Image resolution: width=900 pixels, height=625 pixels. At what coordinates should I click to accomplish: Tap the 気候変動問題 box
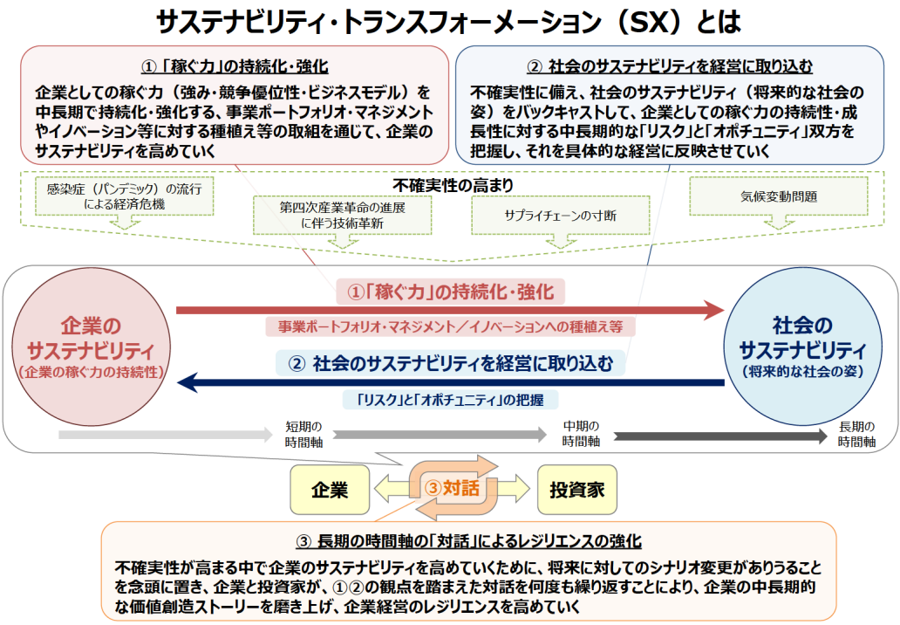pyautogui.click(x=779, y=196)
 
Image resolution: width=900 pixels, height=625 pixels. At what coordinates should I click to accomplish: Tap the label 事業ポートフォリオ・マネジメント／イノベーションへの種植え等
pyautogui.click(x=451, y=327)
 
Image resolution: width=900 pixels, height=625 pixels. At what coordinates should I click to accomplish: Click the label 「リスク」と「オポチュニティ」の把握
pyautogui.click(x=451, y=401)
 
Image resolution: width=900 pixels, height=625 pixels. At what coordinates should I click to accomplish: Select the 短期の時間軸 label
pyautogui.click(x=304, y=434)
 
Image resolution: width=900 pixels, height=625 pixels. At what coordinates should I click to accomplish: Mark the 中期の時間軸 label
pyautogui.click(x=581, y=434)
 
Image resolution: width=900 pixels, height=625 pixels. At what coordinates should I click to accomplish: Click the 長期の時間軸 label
pyautogui.click(x=856, y=434)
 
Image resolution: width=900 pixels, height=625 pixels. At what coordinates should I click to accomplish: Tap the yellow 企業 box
pyautogui.click(x=330, y=490)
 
